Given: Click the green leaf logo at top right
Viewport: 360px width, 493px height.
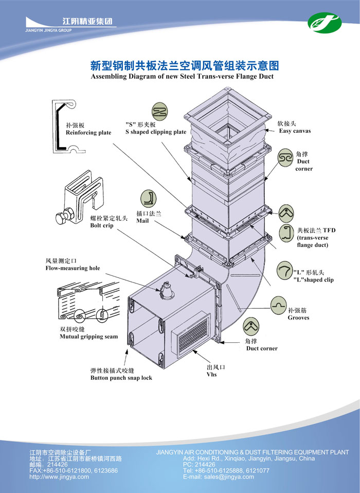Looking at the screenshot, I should point(325,22).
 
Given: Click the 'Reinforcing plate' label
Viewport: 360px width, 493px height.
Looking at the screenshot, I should point(88,133).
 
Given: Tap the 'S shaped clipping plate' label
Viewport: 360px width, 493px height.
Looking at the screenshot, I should point(156,132).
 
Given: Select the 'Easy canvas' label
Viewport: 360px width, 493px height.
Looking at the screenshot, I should point(295,131).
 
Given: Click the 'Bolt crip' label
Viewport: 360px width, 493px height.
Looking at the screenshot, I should point(101,225).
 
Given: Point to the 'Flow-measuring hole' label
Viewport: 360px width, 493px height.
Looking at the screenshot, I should point(73,268).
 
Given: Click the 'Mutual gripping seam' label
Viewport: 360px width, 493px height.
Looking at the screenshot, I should point(88,337).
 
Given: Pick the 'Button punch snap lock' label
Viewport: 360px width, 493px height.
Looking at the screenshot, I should point(121,378).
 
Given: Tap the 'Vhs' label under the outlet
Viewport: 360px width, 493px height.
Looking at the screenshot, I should point(211,374).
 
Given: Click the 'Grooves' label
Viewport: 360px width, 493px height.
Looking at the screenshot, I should point(298,318).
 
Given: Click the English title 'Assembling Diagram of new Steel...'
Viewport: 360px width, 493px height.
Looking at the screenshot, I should point(182,77).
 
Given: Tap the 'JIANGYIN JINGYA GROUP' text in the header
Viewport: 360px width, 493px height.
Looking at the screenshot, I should point(48,31).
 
